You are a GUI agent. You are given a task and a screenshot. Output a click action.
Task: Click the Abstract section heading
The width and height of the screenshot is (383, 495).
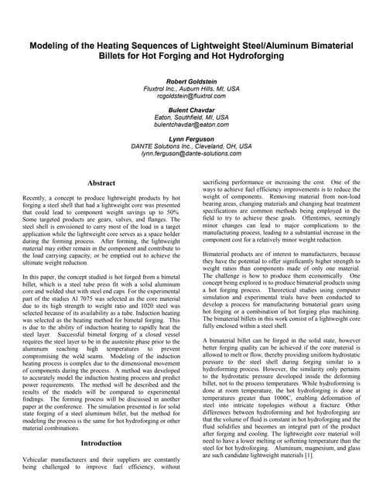click(101, 183)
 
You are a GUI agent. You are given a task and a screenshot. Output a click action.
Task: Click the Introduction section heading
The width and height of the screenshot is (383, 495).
click(101, 443)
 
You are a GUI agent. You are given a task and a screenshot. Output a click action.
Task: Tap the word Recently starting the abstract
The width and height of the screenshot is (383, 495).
click(39, 199)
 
